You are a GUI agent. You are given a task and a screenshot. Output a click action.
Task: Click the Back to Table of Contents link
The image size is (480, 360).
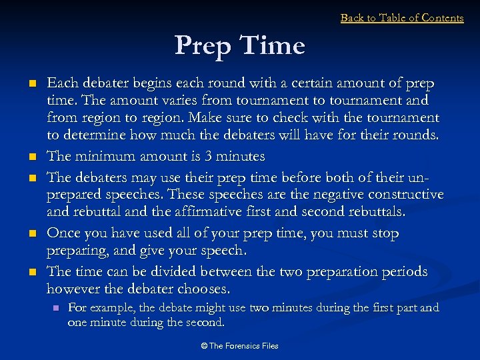[x=401, y=18]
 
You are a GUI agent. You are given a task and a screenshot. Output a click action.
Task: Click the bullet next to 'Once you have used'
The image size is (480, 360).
[x=33, y=235]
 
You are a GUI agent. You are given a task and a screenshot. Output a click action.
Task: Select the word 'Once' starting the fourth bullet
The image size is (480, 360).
[x=63, y=233]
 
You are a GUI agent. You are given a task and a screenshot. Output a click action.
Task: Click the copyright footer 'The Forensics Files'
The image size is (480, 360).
[x=240, y=345]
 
